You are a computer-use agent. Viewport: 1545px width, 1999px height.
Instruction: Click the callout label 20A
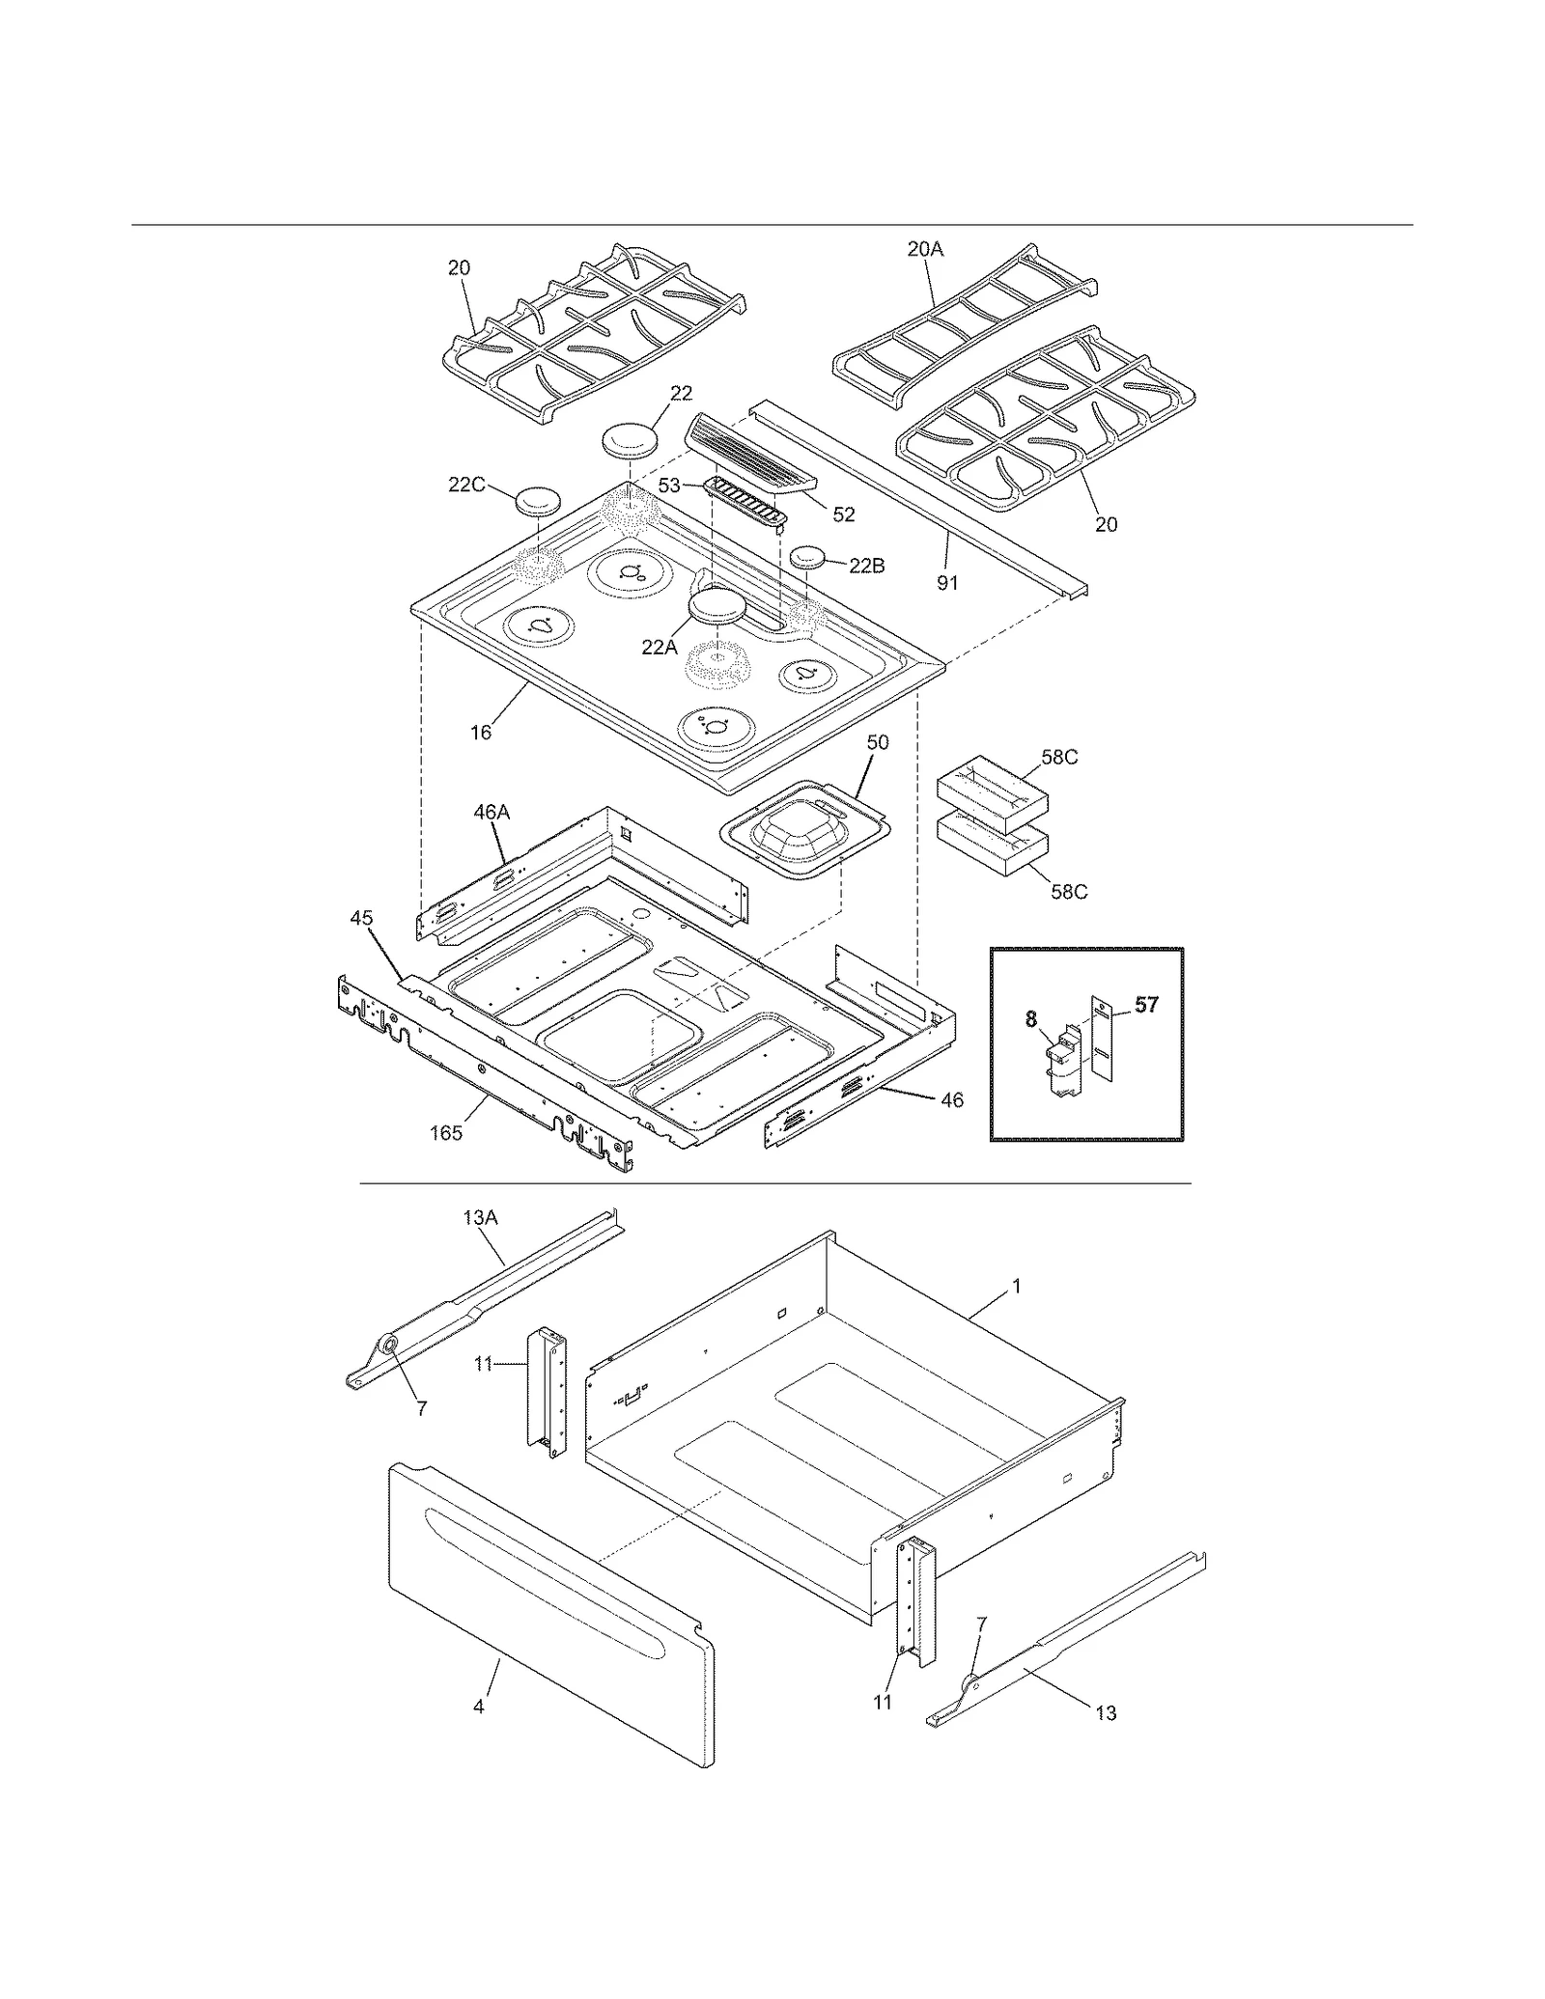pos(924,249)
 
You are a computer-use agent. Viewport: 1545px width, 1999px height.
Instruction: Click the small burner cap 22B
pos(809,558)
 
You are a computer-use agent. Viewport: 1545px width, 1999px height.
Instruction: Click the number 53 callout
pos(669,486)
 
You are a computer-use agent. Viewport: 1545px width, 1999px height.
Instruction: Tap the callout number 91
pos(947,583)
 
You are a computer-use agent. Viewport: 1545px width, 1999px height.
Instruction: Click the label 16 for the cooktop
pos(480,733)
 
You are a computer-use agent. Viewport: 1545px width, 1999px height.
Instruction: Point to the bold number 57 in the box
pos(1146,1005)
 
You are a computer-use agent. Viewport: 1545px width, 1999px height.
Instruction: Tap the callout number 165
pos(446,1133)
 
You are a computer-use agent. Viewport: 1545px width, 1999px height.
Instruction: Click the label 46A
pos(491,813)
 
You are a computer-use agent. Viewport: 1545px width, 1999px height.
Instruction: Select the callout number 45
pos(361,918)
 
